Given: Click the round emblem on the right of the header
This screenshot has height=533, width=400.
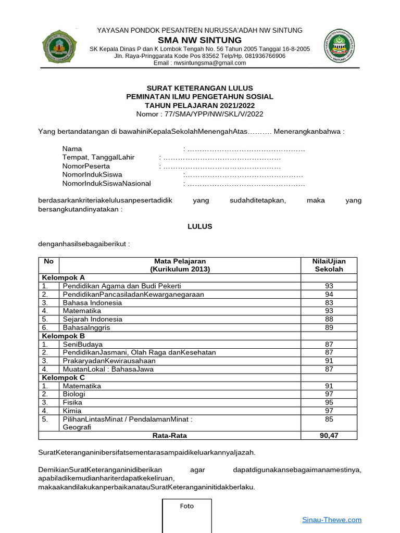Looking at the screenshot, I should [x=341, y=46].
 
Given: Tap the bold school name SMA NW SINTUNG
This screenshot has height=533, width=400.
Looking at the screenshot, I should [x=200, y=40].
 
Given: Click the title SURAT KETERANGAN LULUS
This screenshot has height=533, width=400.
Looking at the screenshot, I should [x=199, y=88].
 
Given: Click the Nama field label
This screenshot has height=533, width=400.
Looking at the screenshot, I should [x=72, y=149].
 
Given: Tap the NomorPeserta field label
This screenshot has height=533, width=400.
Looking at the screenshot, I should [x=86, y=166].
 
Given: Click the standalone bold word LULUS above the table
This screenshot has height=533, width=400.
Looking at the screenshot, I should [x=199, y=226].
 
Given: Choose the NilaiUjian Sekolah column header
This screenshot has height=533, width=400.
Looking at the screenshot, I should [x=329, y=265].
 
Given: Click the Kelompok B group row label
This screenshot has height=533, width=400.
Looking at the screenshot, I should [x=63, y=336].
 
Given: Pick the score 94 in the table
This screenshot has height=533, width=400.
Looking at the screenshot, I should [x=329, y=294].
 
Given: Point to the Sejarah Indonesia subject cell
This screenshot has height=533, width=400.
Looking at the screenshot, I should [x=92, y=319].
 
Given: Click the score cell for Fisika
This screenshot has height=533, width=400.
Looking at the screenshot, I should [x=329, y=402].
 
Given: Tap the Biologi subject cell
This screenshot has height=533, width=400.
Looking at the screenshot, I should [x=74, y=394].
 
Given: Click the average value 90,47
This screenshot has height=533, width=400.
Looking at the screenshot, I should [x=329, y=436].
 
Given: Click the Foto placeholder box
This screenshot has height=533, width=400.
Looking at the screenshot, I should [x=186, y=515].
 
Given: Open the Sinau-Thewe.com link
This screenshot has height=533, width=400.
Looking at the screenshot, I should [x=332, y=519].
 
